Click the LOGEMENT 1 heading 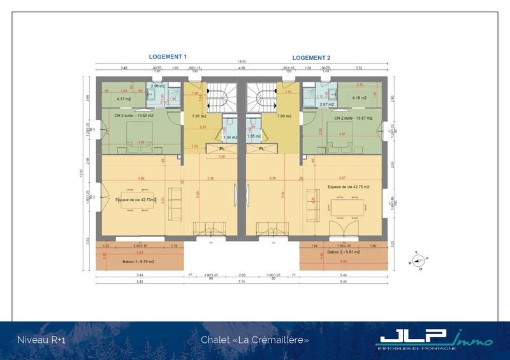click(x=168, y=57)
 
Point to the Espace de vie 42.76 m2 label click(x=349, y=187)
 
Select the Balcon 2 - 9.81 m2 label click(x=343, y=252)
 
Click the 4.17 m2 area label click(x=124, y=99)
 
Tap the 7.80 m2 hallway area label click(x=284, y=116)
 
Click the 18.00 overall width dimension click(x=242, y=62)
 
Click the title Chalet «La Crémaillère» click(x=255, y=340)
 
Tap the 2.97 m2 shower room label click(x=328, y=104)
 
